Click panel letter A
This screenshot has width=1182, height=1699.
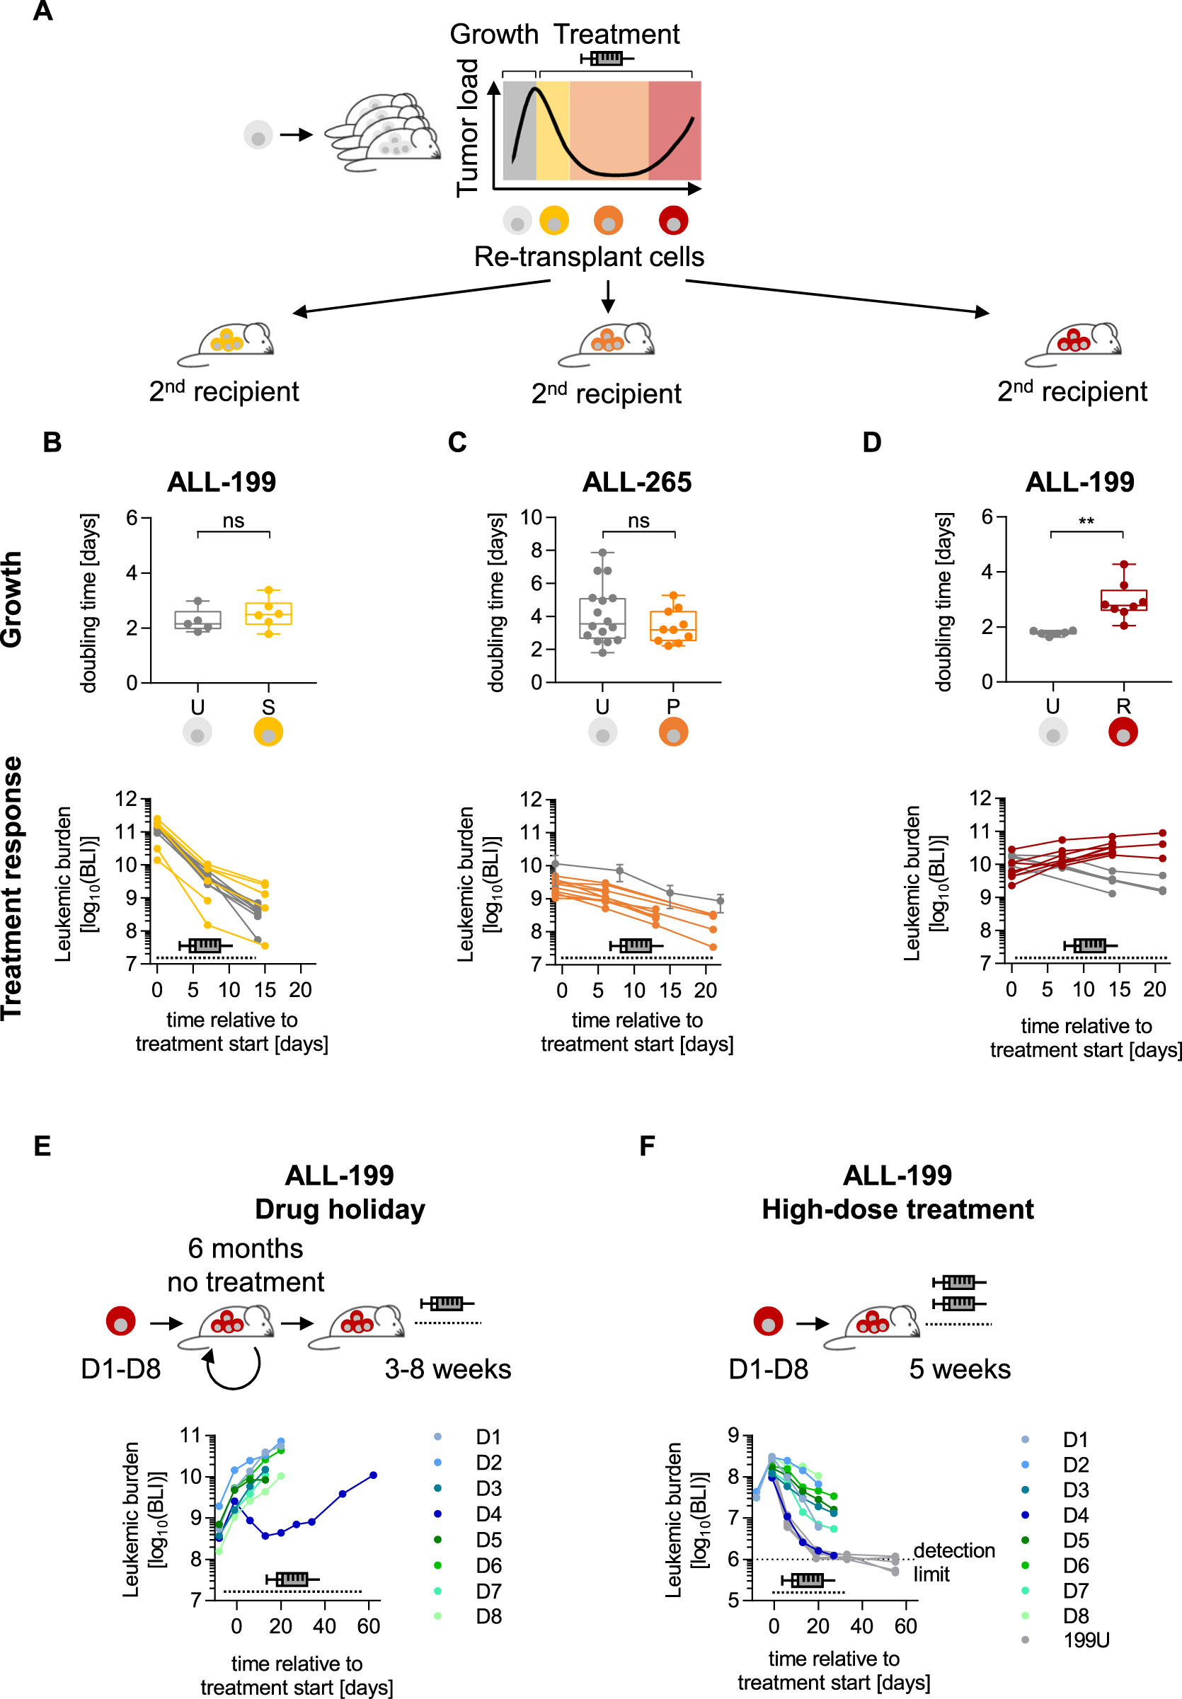tap(43, 11)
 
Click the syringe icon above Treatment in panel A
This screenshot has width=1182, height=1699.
tap(606, 58)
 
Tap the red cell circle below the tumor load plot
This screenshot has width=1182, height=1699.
tap(673, 220)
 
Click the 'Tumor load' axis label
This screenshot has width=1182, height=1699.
tap(467, 127)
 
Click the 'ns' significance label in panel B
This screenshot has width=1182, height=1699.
tap(233, 521)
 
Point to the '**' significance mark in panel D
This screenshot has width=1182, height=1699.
tap(1086, 522)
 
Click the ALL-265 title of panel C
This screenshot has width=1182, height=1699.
tap(636, 483)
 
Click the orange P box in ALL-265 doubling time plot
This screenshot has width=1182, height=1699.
tap(673, 626)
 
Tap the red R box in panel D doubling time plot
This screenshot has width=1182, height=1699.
tap(1123, 599)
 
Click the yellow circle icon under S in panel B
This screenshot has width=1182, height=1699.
tap(268, 732)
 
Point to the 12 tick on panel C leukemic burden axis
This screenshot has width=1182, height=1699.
tap(531, 799)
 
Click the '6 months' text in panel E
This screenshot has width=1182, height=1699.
tap(245, 1248)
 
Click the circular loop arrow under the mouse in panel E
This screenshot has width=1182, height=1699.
tap(233, 1369)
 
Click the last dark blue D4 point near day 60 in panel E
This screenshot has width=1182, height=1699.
tap(373, 1475)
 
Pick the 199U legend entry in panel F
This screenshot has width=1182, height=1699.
tap(1085, 1640)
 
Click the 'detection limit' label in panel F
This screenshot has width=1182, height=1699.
tap(953, 1561)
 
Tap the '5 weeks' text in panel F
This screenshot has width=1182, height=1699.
tap(959, 1369)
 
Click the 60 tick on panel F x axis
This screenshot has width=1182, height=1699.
tap(905, 1627)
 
